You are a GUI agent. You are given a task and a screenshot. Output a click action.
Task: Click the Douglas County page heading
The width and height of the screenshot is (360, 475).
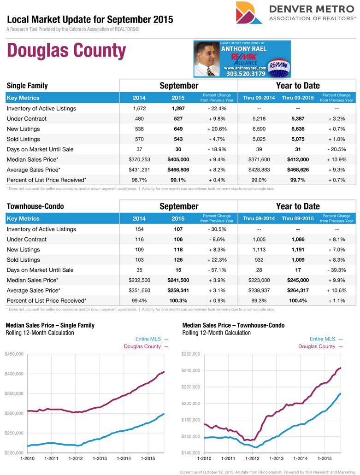(66, 51)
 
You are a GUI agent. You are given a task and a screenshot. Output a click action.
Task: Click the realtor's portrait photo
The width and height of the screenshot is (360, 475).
(207, 59)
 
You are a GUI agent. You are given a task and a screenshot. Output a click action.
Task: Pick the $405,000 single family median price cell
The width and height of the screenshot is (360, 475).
(178, 159)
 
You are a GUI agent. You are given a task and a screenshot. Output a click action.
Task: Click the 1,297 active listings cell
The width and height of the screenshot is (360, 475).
(178, 109)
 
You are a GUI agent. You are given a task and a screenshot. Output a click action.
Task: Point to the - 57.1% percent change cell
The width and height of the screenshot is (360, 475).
(216, 270)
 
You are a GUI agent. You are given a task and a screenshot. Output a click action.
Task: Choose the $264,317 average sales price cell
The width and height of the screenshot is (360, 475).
(295, 290)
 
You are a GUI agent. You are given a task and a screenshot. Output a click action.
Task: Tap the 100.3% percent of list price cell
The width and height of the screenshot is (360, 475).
(178, 300)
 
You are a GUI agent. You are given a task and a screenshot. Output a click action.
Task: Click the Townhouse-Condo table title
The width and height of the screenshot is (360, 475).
(35, 206)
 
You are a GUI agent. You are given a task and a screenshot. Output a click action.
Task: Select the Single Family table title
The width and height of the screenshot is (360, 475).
(27, 86)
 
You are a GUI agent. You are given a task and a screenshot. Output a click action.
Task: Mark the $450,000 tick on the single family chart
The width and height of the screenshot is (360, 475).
(14, 354)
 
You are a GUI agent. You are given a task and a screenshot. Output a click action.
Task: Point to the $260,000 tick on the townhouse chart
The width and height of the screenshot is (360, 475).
(191, 354)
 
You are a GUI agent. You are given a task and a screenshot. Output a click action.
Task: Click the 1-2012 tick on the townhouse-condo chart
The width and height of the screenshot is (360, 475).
(252, 458)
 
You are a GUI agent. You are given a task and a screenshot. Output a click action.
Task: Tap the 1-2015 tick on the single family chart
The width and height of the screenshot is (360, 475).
(148, 458)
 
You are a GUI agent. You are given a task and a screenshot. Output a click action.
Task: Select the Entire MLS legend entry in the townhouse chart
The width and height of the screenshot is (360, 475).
(326, 339)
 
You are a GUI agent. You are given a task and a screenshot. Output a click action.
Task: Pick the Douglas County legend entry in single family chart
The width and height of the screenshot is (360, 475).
(146, 346)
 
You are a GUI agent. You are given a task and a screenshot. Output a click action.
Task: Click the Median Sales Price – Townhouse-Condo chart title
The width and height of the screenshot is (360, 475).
(233, 325)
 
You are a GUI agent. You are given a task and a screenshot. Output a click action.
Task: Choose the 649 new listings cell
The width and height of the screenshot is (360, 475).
(178, 129)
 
